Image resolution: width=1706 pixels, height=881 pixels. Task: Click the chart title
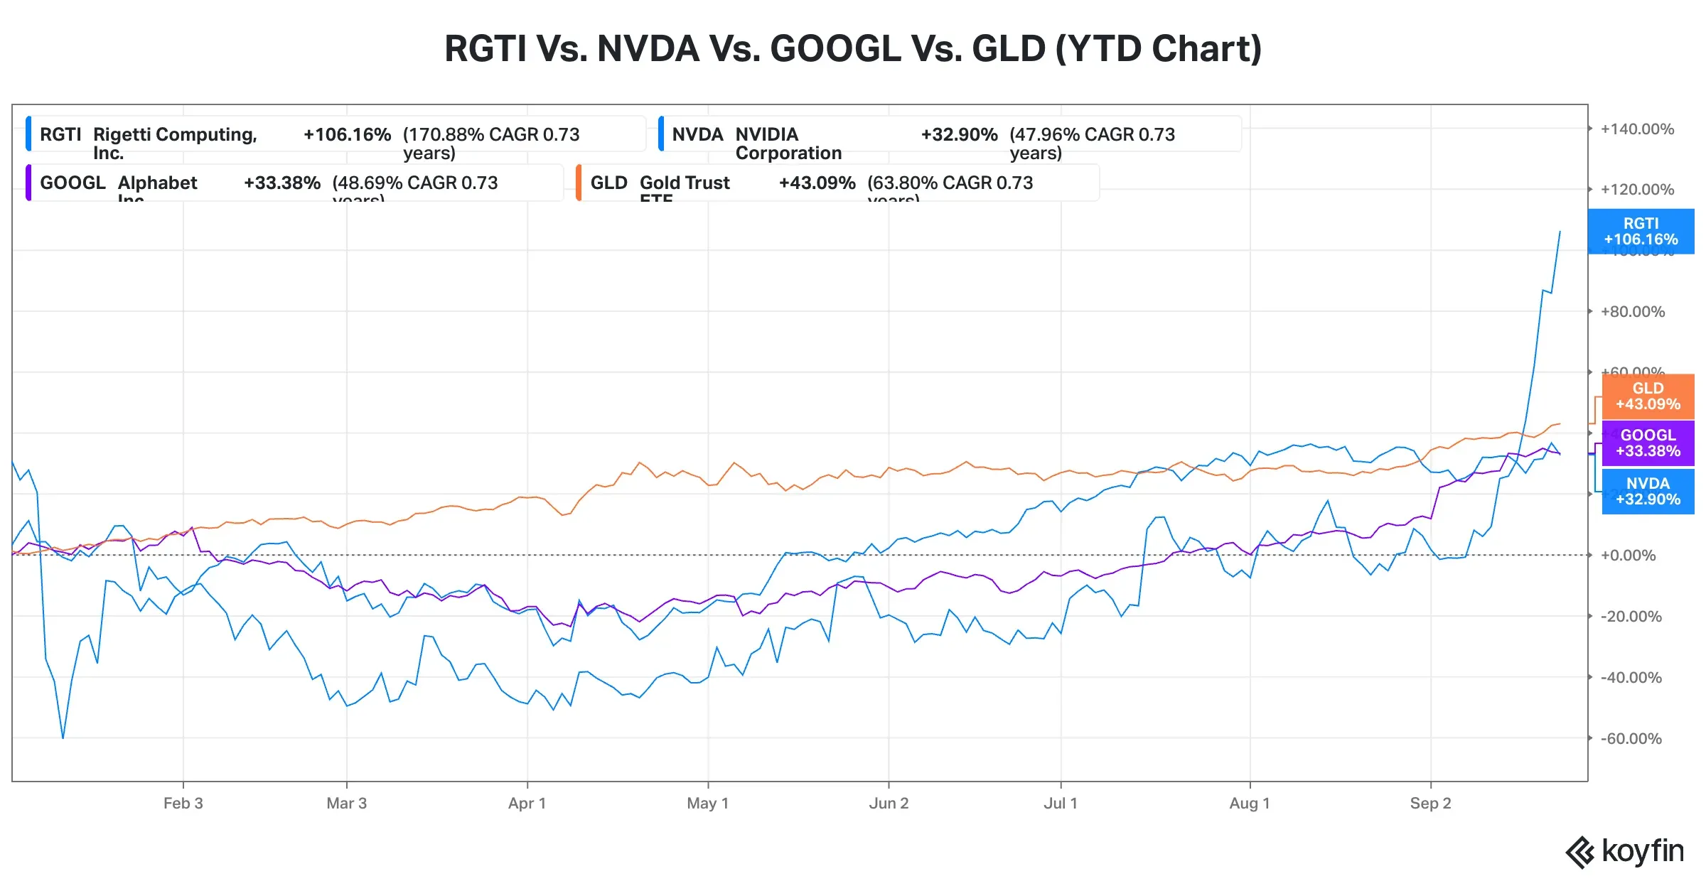point(853,48)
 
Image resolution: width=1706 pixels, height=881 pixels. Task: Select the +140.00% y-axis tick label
point(1636,129)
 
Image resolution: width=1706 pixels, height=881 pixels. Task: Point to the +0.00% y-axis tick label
point(1628,556)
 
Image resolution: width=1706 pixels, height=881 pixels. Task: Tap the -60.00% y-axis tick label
point(1631,739)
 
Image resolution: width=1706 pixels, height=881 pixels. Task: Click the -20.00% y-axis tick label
point(1631,617)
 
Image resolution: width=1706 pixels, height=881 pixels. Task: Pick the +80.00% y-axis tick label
point(1632,312)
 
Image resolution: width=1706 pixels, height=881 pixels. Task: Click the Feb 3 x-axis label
point(183,804)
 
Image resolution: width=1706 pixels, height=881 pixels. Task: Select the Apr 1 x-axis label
point(527,804)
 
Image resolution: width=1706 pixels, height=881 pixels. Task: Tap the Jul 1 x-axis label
point(1061,804)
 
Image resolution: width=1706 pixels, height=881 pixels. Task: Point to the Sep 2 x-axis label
point(1430,804)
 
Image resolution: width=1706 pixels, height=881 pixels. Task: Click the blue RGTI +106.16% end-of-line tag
point(1641,232)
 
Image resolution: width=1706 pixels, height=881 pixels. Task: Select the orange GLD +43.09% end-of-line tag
point(1648,396)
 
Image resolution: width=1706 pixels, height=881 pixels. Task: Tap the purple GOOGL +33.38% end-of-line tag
point(1648,443)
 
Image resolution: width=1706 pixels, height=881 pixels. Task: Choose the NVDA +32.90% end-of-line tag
point(1648,492)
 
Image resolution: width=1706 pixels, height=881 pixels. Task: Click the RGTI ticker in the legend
point(60,134)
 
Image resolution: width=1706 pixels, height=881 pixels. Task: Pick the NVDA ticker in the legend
point(697,134)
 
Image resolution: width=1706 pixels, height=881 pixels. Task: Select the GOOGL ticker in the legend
point(73,183)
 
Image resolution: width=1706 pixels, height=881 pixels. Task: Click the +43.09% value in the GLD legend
point(817,183)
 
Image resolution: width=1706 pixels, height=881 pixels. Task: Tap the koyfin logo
point(1625,851)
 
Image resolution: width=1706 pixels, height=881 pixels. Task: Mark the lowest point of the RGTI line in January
point(63,737)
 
